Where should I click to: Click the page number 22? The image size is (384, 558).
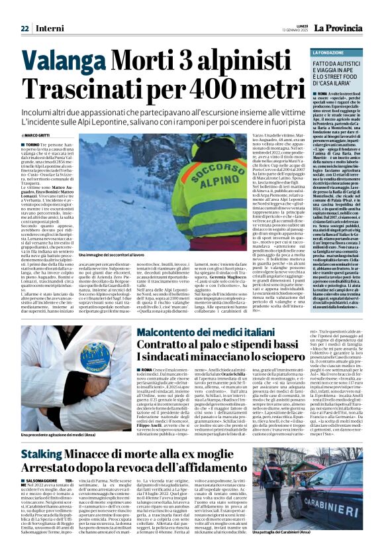click(x=24, y=28)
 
